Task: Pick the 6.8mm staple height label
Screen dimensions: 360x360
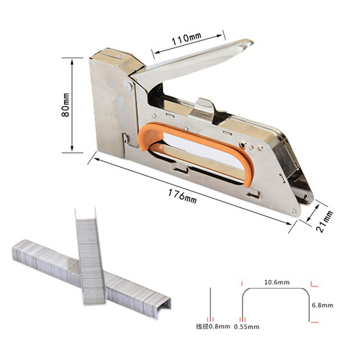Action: (x=323, y=305)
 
